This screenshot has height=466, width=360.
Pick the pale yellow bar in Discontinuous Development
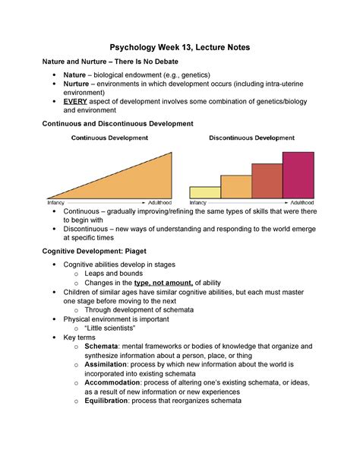[205, 192]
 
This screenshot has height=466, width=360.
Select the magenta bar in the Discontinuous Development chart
[298, 175]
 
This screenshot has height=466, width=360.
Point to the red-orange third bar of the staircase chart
[267, 181]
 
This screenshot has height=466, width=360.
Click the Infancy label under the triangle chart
[56, 203]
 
